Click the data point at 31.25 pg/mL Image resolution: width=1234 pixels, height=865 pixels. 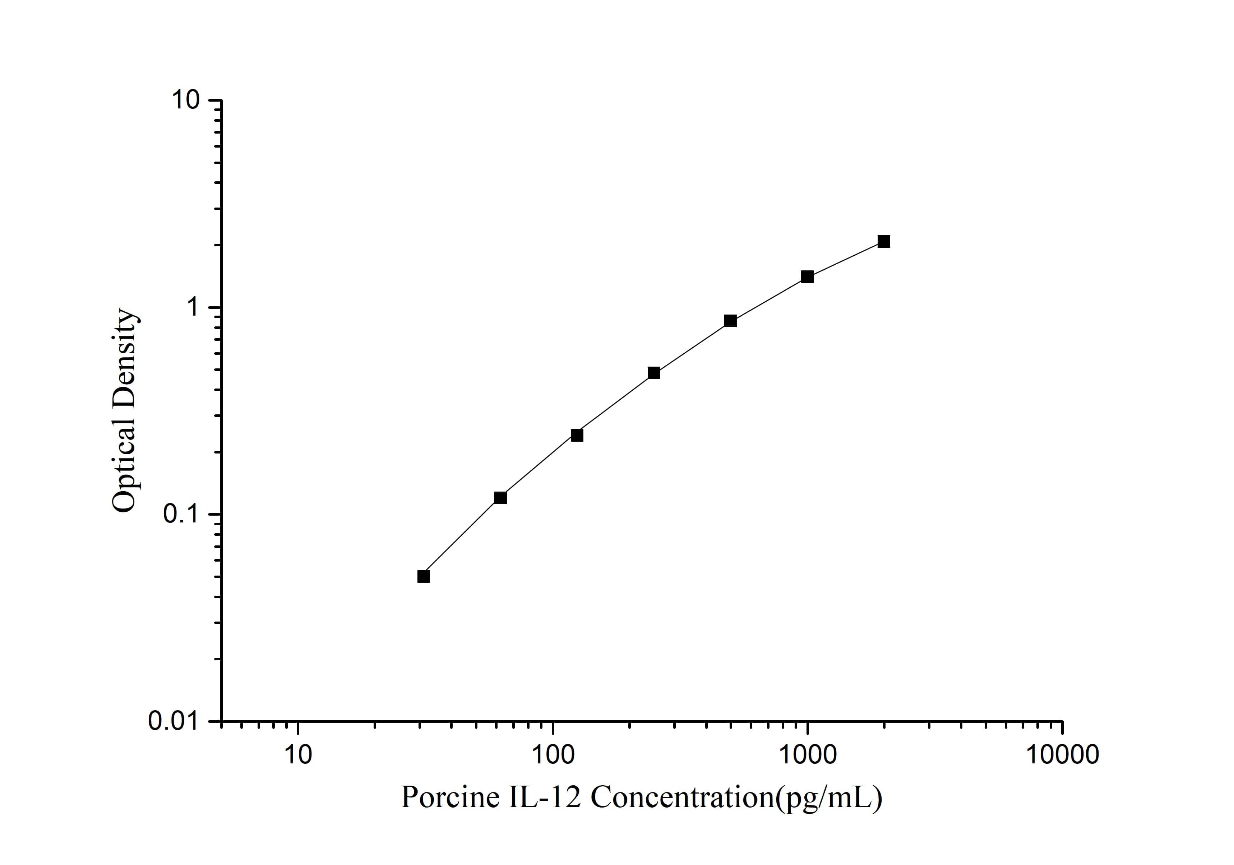(x=424, y=577)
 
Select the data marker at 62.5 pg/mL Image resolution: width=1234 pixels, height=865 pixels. (x=500, y=498)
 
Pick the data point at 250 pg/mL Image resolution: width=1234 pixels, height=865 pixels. (x=653, y=373)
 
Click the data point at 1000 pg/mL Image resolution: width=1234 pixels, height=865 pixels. (x=807, y=277)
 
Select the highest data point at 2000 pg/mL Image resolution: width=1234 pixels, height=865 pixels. (x=884, y=242)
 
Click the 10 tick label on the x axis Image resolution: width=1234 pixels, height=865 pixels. (x=298, y=754)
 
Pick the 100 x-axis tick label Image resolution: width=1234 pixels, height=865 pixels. (x=553, y=754)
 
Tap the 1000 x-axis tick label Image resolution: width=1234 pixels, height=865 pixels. (x=807, y=754)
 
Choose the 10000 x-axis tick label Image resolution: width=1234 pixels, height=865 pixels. (x=1062, y=754)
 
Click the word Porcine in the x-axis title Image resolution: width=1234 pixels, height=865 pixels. (x=450, y=797)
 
